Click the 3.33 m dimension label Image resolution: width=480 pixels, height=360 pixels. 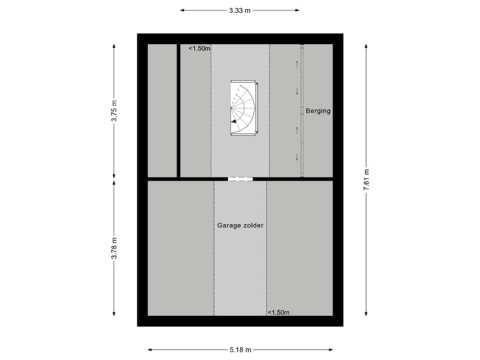click(240, 10)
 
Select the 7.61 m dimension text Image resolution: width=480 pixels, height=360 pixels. click(366, 179)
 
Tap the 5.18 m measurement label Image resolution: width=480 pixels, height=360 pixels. click(240, 349)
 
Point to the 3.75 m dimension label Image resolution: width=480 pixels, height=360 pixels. click(114, 111)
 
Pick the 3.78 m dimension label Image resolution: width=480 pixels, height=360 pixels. click(114, 249)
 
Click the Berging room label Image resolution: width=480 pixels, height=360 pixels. click(318, 111)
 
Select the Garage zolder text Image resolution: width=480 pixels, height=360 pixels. click(240, 225)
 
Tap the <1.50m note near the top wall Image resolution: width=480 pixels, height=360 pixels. click(199, 48)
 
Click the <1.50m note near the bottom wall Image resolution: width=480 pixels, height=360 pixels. click(279, 311)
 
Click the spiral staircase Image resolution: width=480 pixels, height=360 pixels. click(243, 108)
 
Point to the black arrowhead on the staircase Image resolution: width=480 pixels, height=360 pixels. click(233, 122)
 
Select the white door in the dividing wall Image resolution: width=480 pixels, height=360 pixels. click(240, 179)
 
